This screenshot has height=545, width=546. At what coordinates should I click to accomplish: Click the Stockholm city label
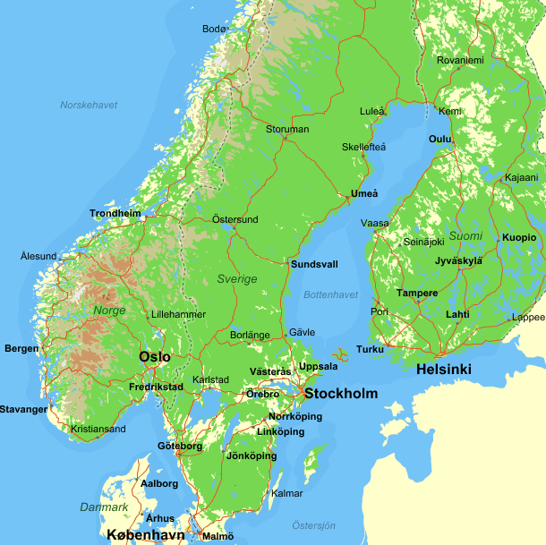(x=341, y=393)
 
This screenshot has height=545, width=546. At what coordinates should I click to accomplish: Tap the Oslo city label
(x=154, y=356)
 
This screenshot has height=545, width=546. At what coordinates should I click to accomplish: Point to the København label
(x=145, y=535)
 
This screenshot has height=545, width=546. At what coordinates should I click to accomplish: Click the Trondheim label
(x=115, y=213)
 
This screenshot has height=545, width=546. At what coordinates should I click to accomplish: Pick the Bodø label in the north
(x=214, y=29)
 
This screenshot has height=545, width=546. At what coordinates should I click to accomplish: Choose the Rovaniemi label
(x=460, y=60)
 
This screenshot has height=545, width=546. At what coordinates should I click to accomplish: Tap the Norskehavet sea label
(x=89, y=105)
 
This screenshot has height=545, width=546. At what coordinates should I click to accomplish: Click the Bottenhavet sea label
(x=330, y=294)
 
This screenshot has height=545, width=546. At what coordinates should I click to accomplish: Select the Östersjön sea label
(x=313, y=525)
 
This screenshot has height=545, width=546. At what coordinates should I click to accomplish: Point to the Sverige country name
(x=236, y=278)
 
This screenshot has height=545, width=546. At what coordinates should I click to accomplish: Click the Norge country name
(x=109, y=311)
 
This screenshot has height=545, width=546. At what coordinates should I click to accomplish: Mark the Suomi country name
(x=465, y=236)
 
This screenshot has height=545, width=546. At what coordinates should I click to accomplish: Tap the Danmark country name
(x=104, y=507)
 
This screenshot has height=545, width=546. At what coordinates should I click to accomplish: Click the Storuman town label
(x=286, y=129)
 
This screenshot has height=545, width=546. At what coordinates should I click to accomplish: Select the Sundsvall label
(x=314, y=264)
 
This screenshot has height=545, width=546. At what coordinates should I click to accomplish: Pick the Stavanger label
(x=23, y=409)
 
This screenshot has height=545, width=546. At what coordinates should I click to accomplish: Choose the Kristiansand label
(x=98, y=429)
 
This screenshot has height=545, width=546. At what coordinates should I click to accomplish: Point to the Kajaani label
(x=521, y=177)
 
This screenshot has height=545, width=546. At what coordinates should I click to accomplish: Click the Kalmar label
(x=286, y=493)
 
